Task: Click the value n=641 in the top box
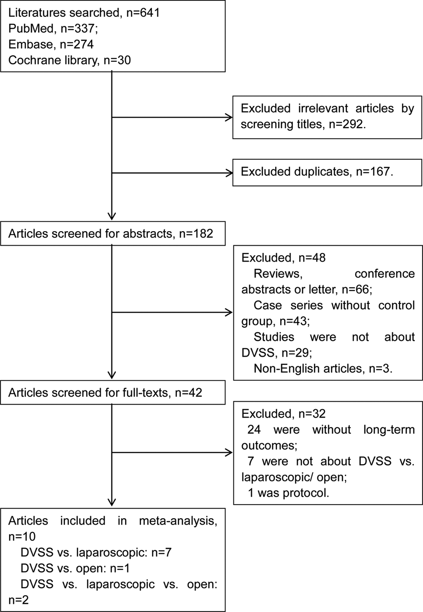[143, 13]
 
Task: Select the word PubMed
[31, 28]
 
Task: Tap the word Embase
[30, 44]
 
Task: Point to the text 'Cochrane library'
[53, 60]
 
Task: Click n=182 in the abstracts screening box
[196, 233]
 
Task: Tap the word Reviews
[278, 273]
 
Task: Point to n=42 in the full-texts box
[188, 393]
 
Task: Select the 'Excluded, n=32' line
[283, 414]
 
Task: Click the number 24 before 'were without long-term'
[254, 430]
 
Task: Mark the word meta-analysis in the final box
[178, 521]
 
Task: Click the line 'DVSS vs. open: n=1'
[75, 568]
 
